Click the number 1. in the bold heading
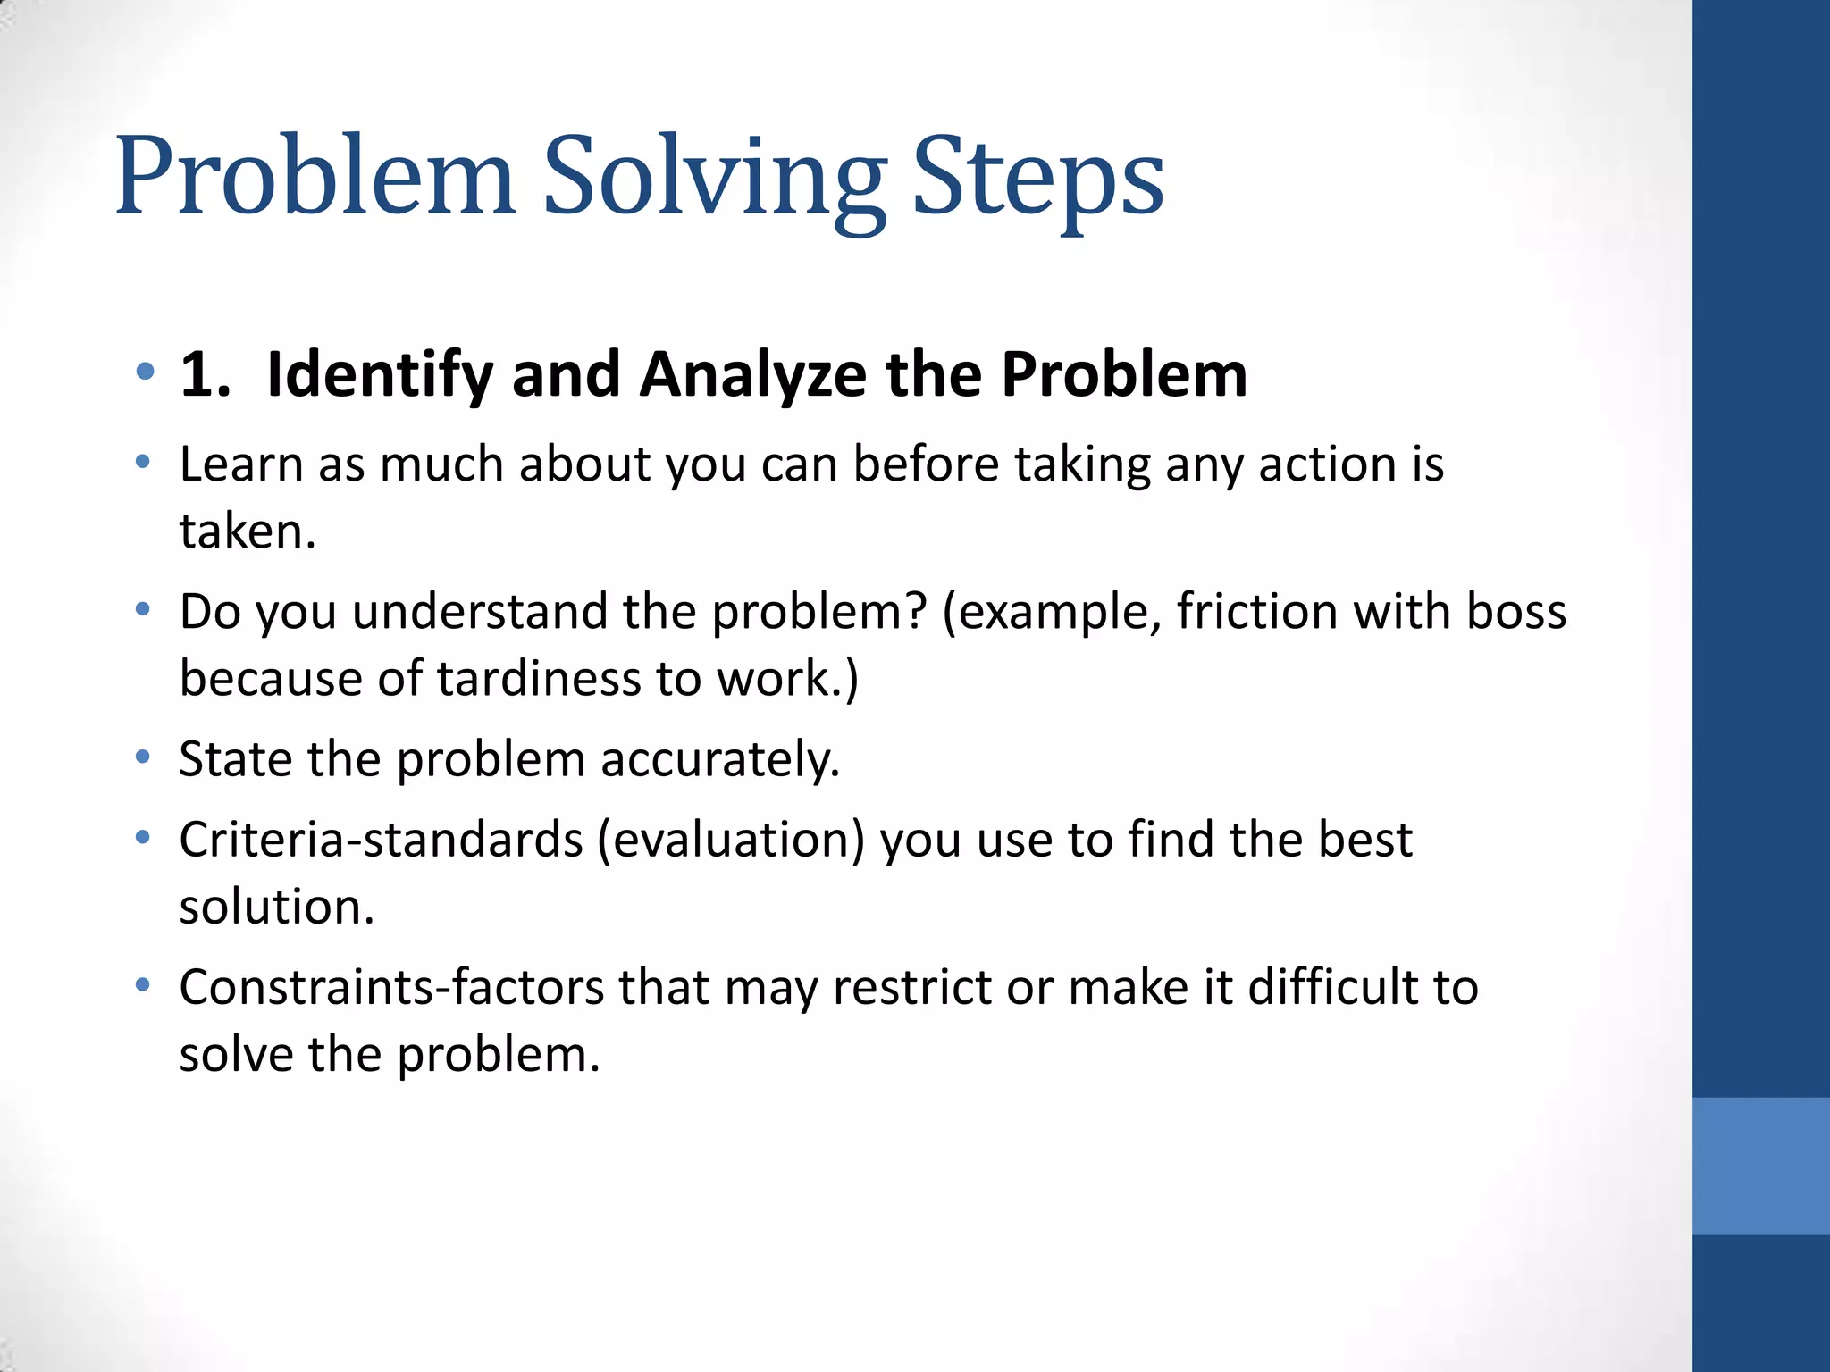(205, 374)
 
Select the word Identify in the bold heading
(379, 374)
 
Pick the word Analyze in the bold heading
(752, 374)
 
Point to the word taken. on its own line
(248, 531)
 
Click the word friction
(1256, 612)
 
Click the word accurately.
(720, 760)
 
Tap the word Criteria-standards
(381, 841)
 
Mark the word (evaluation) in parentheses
(731, 841)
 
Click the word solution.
(276, 908)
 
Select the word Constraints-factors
(391, 988)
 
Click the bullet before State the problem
(143, 758)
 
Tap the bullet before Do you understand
(143, 611)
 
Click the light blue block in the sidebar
(1760, 1166)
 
